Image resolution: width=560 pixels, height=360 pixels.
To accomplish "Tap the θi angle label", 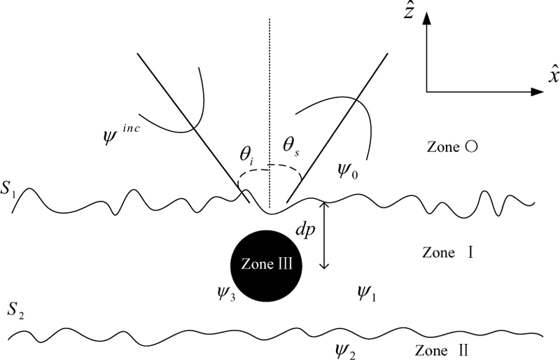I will click(248, 155).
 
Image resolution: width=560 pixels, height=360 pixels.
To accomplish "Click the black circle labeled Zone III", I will click(267, 265).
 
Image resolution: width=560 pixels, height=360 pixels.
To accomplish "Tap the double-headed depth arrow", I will click(323, 235).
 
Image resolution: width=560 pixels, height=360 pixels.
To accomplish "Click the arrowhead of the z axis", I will click(426, 19).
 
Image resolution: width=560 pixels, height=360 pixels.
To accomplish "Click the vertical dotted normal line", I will click(269, 91).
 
